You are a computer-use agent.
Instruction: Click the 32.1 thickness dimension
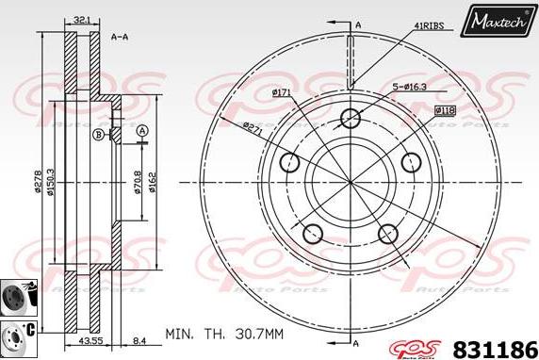(83, 19)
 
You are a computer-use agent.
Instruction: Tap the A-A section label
(120, 37)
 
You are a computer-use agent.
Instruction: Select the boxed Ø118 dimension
(445, 110)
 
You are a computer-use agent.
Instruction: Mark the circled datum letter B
(98, 136)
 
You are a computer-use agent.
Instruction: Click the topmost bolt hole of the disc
(351, 119)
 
